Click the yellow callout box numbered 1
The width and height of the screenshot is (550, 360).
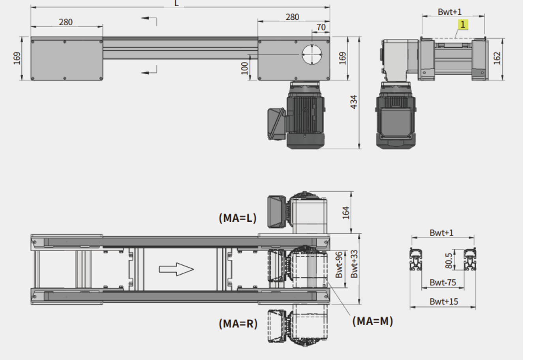click(x=463, y=25)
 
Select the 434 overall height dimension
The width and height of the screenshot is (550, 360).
click(x=354, y=102)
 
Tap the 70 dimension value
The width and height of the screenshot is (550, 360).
click(x=321, y=27)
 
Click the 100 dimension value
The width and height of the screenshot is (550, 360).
click(x=244, y=68)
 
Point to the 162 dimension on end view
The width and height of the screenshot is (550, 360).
click(x=497, y=58)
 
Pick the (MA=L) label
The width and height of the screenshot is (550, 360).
click(x=238, y=218)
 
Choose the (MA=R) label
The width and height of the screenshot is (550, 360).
click(x=238, y=324)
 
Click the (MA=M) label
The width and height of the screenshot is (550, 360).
click(x=373, y=321)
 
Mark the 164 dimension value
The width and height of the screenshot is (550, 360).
click(x=346, y=213)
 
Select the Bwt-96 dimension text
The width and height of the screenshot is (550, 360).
click(x=339, y=265)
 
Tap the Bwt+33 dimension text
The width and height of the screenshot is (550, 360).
click(x=354, y=264)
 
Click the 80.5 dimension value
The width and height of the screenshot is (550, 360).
click(x=449, y=261)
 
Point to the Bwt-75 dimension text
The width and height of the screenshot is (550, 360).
click(x=443, y=283)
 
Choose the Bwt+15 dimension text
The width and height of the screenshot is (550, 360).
click(x=444, y=302)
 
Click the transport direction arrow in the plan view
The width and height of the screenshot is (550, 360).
click(x=176, y=270)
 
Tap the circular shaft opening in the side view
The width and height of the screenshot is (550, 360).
click(x=312, y=55)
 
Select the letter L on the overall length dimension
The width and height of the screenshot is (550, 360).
click(x=176, y=3)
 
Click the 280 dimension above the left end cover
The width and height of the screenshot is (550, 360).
click(x=66, y=23)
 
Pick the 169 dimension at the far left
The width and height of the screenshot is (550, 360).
click(x=17, y=58)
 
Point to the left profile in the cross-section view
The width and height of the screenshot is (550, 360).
click(x=416, y=259)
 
